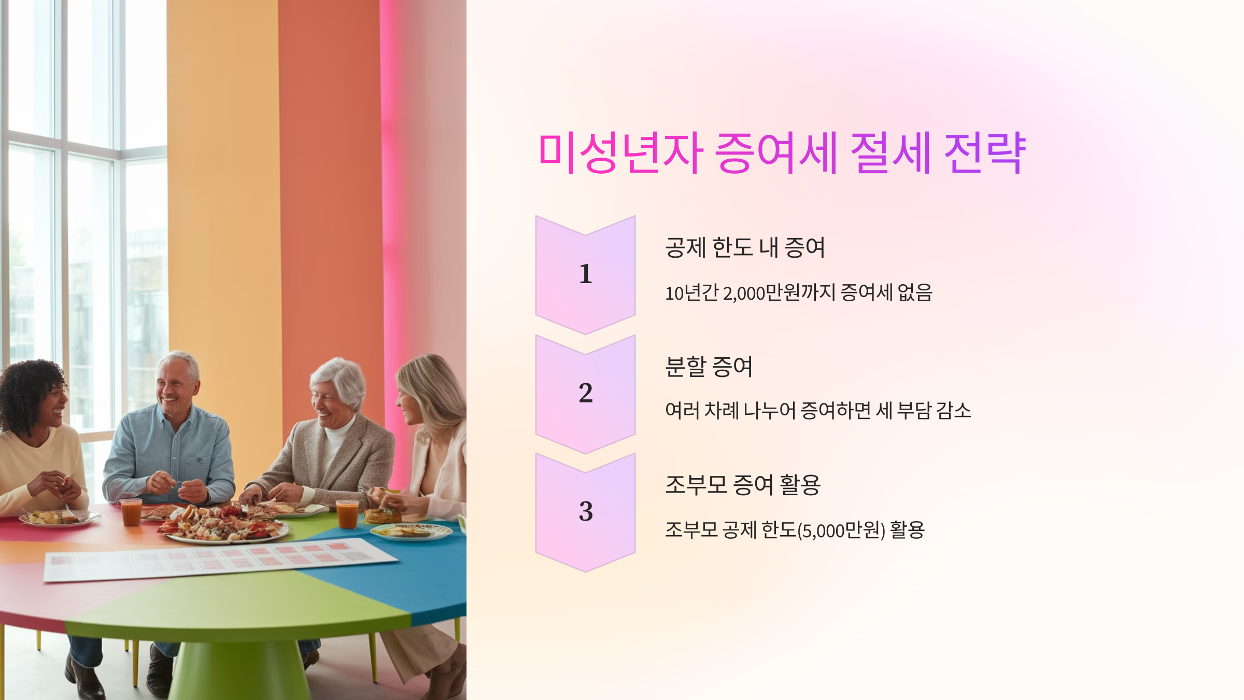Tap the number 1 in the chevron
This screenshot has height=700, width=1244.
(586, 274)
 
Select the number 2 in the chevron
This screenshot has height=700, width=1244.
(586, 393)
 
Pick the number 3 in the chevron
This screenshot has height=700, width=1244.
(586, 511)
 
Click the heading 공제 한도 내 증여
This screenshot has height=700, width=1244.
(745, 247)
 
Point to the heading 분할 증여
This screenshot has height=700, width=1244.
(709, 367)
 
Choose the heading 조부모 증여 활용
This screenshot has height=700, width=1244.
(743, 485)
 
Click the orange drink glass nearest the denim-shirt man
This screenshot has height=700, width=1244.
(131, 512)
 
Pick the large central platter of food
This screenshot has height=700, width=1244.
(223, 524)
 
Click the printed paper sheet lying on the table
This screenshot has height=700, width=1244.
(218, 559)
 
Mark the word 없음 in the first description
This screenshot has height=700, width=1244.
(915, 292)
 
